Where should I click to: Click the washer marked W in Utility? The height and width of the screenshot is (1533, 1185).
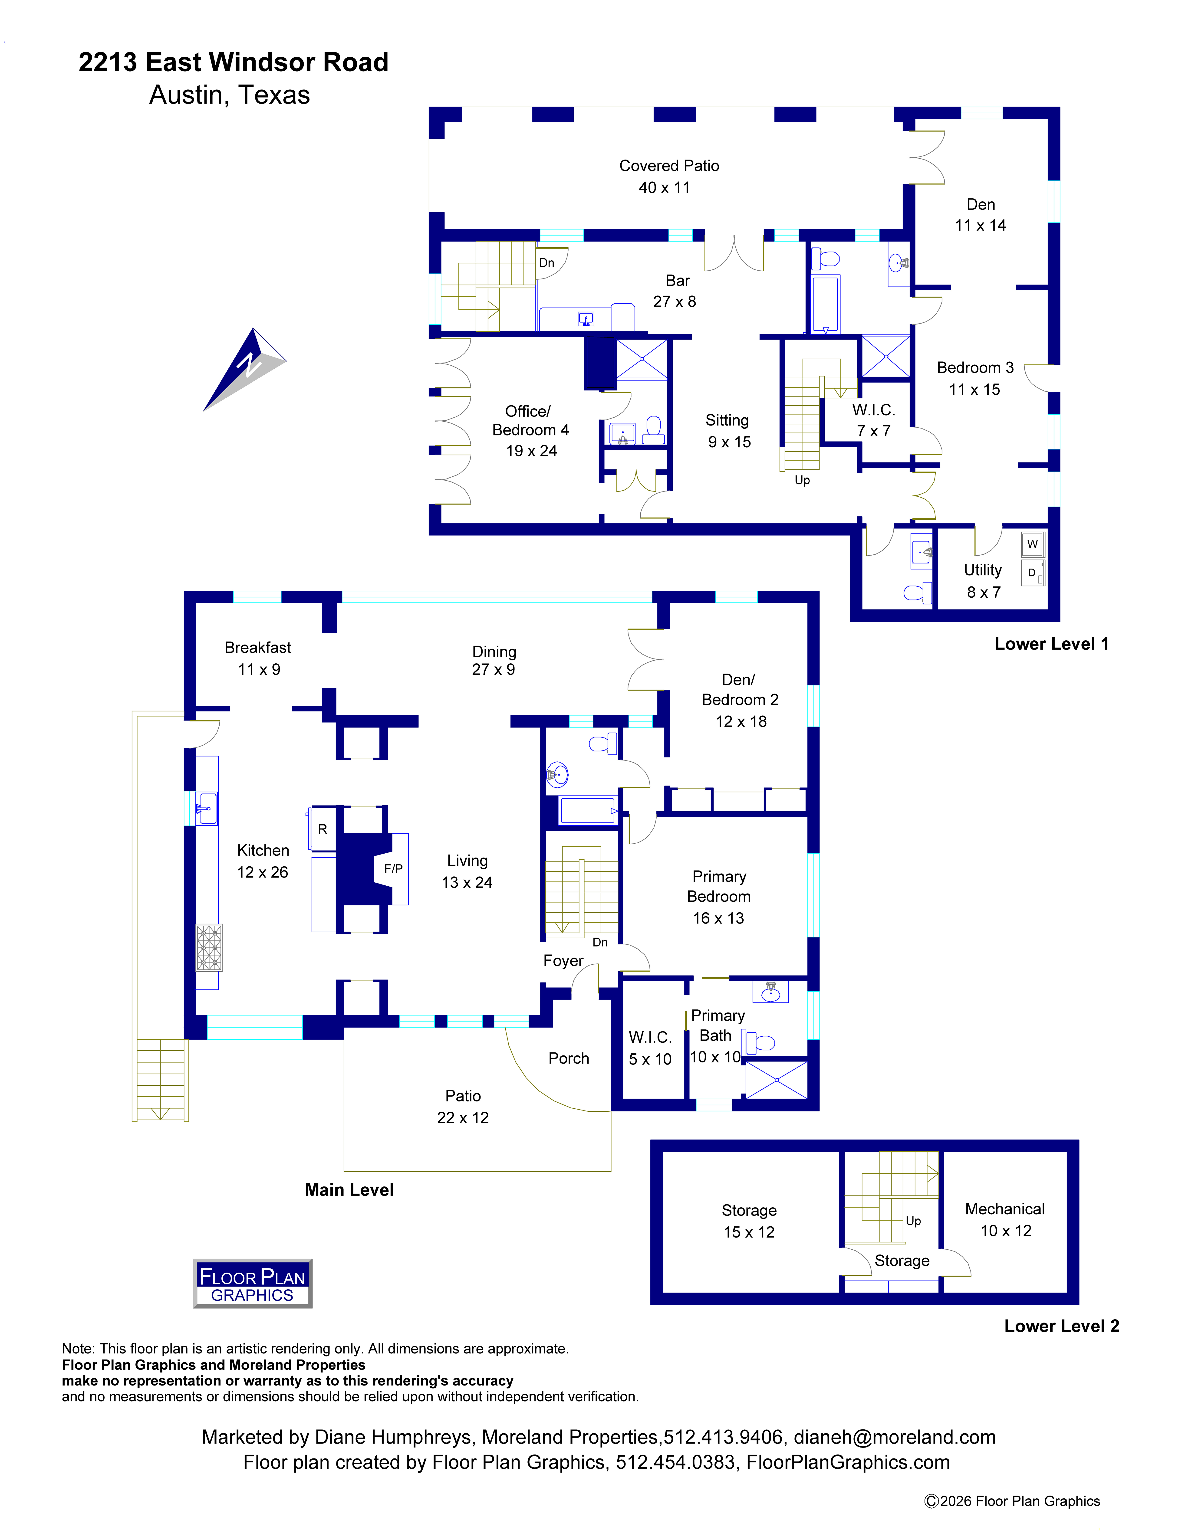coord(1032,544)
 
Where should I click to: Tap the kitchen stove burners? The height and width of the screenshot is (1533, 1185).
coord(209,948)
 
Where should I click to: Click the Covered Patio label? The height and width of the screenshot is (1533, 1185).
coord(669,166)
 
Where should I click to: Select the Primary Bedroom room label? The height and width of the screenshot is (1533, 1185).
coord(719,887)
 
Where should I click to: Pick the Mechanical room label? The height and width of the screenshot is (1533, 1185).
coord(1005,1209)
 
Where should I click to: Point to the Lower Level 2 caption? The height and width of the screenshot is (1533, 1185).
coord(1061,1326)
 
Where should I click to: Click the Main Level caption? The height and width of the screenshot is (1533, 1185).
coord(349,1190)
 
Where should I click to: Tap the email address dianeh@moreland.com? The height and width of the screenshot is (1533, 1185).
coord(894,1437)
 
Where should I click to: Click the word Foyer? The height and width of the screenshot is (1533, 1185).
coord(563,961)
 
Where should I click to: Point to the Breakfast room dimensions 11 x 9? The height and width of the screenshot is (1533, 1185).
coord(259,670)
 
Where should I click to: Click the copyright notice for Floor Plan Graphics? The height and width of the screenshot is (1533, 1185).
coord(1012,1501)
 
